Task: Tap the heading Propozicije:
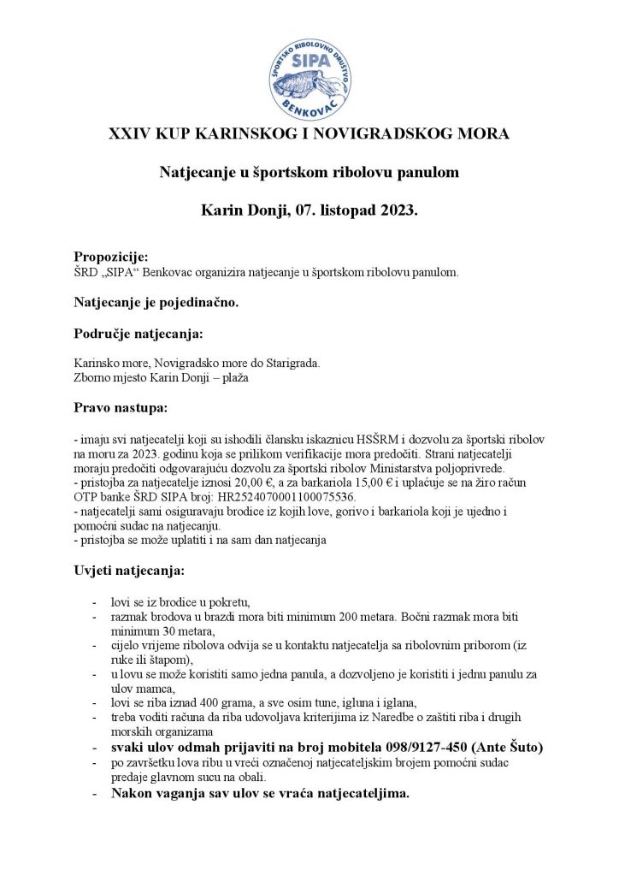coord(111,257)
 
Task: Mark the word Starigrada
coord(290,363)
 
